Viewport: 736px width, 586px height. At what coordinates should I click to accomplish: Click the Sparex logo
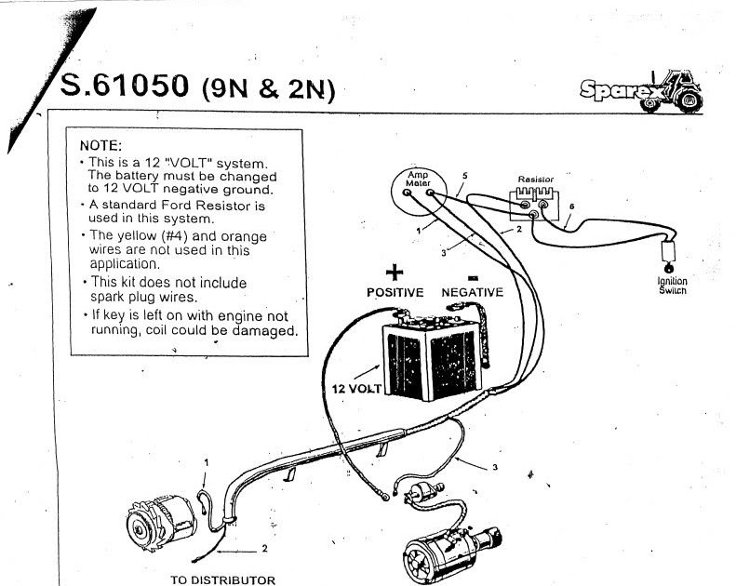click(642, 92)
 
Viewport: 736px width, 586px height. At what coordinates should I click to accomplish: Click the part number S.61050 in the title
click(125, 86)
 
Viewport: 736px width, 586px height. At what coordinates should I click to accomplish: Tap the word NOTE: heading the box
click(100, 145)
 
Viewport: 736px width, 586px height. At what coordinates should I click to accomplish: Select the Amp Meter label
click(418, 179)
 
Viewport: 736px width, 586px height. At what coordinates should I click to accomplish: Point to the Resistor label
click(536, 180)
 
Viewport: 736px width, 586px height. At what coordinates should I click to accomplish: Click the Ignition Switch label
click(672, 286)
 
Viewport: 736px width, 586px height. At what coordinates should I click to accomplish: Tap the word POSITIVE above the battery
click(395, 292)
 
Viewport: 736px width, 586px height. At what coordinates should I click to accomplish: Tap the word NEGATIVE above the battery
click(472, 292)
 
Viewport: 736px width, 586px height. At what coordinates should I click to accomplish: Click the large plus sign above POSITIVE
click(395, 273)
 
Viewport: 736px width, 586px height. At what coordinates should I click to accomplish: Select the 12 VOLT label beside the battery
click(356, 389)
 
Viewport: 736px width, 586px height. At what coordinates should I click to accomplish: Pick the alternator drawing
click(163, 522)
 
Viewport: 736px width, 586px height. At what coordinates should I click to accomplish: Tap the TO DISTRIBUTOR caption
click(223, 579)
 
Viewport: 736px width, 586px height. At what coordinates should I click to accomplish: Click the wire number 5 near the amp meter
click(464, 176)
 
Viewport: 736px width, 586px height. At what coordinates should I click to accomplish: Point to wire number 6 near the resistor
click(571, 206)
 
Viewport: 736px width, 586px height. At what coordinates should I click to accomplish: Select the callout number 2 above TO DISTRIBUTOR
click(265, 548)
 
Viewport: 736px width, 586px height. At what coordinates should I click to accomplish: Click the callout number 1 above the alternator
click(206, 462)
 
